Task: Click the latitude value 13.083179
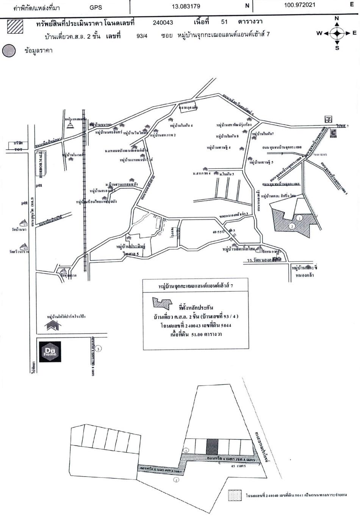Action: pyautogui.click(x=186, y=6)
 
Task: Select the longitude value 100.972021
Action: pyautogui.click(x=299, y=5)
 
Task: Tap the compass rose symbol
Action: pyautogui.click(x=337, y=33)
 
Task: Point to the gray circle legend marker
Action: pyautogui.click(x=9, y=51)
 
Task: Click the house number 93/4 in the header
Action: pyautogui.click(x=142, y=36)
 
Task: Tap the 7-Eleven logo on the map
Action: pyautogui.click(x=327, y=119)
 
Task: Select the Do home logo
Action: pyautogui.click(x=50, y=351)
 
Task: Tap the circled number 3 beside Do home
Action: pyautogui.click(x=98, y=349)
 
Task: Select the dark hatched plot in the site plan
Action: pyautogui.click(x=212, y=447)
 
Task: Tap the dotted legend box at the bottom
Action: pyautogui.click(x=235, y=495)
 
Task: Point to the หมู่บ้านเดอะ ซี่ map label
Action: pyautogui.click(x=305, y=268)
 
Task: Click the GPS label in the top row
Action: pyautogui.click(x=96, y=7)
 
